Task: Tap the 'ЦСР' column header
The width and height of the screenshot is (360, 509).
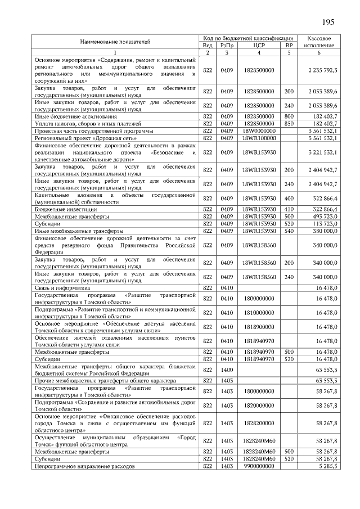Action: [x=259, y=45]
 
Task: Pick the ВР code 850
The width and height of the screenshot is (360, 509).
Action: [x=289, y=123]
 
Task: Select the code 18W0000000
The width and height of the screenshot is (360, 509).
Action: [x=259, y=130]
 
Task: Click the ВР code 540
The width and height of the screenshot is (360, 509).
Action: [x=289, y=231]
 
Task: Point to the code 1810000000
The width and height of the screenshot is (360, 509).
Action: [x=259, y=313]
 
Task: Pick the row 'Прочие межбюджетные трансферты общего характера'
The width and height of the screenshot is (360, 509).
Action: [x=101, y=381]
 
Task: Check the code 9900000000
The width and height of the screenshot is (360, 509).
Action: [x=259, y=466]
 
